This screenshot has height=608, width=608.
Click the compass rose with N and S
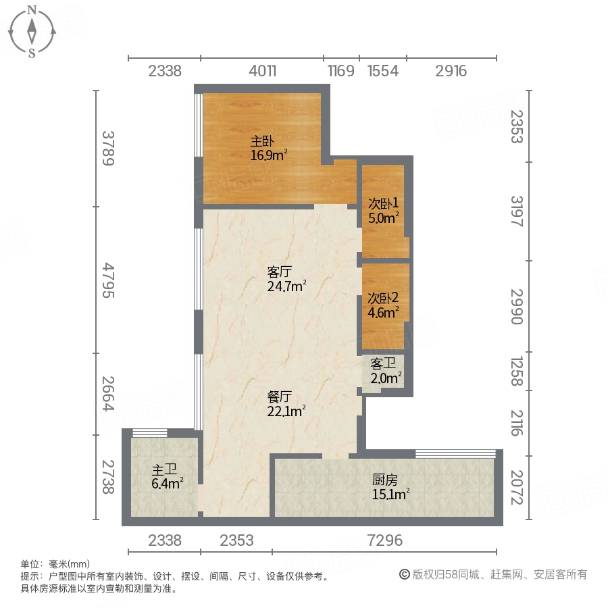[32, 31]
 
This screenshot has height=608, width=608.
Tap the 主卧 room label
[261, 142]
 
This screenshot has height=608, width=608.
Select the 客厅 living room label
[279, 272]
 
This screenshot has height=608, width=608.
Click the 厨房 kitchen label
[384, 480]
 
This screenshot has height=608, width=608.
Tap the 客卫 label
[382, 363]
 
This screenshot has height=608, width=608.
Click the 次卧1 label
[383, 203]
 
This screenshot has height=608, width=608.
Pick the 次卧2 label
[383, 297]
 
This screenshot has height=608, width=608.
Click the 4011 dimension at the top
[261, 71]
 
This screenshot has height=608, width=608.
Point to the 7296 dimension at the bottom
[385, 540]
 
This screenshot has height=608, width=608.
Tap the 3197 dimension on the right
[516, 211]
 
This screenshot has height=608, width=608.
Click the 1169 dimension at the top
[341, 71]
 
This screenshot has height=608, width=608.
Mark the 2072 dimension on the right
[516, 487]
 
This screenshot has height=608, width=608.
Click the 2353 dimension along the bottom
[236, 540]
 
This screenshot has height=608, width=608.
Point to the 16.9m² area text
[269, 155]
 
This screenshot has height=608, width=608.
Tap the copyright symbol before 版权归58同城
[405, 575]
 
